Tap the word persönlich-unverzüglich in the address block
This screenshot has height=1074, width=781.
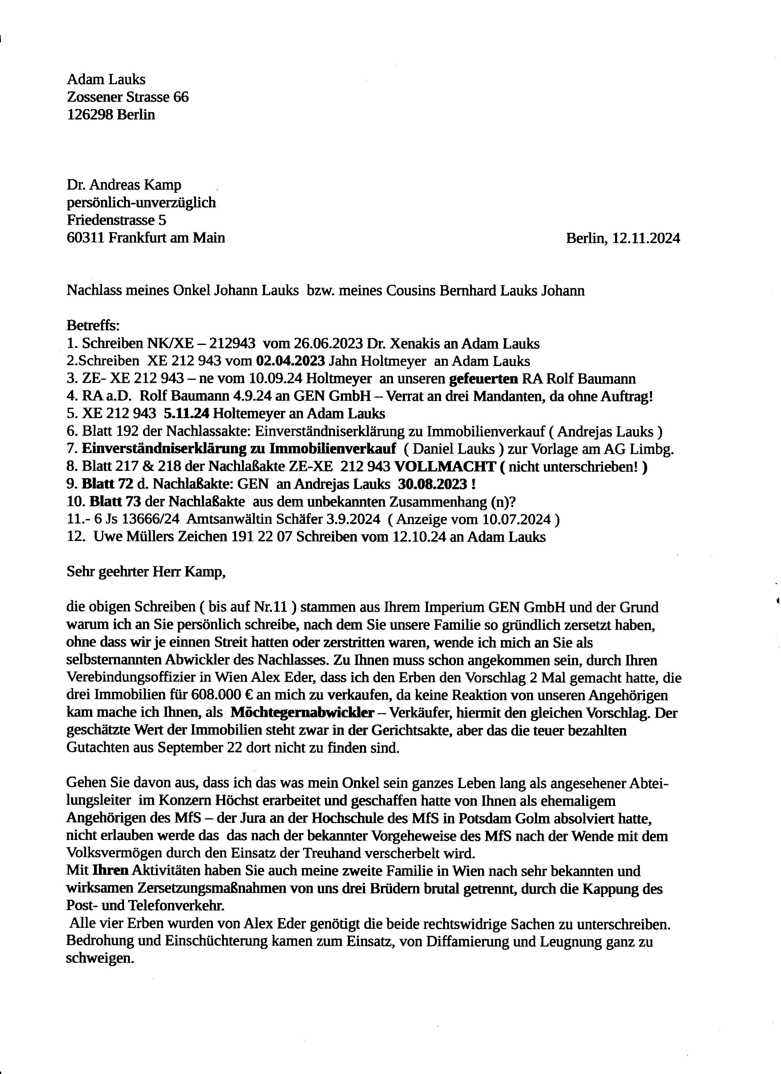pyautogui.click(x=141, y=203)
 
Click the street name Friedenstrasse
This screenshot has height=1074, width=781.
pyautogui.click(x=110, y=220)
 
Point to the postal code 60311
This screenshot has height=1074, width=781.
pyautogui.click(x=86, y=238)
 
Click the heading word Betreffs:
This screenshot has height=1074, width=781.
pyautogui.click(x=93, y=326)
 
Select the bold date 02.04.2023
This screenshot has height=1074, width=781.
pyautogui.click(x=290, y=361)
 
